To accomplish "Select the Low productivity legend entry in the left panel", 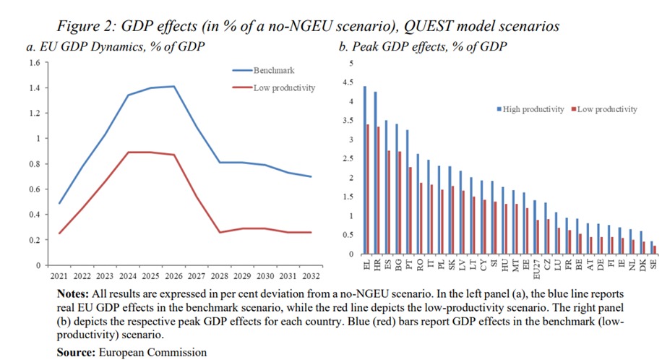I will point(283,87).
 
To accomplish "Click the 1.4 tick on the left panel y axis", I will point(33,87).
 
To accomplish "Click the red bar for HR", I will point(378,190).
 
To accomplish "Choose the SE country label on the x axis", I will point(654,265).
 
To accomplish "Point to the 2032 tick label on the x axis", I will point(312,276).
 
